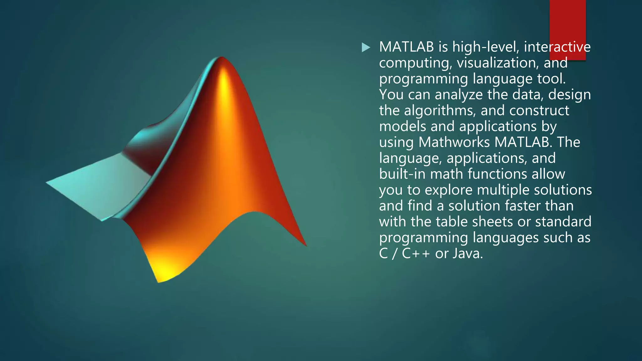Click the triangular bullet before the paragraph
(x=366, y=48)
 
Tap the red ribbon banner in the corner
(x=567, y=25)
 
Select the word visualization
(x=498, y=63)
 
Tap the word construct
(x=539, y=111)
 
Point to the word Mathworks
(x=454, y=142)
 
